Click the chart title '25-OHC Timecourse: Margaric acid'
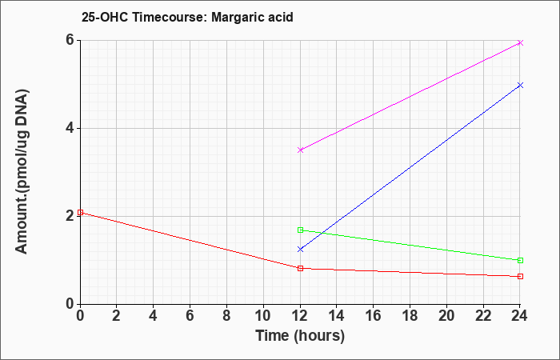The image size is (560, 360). pos(187,17)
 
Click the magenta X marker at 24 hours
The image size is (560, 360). pos(520,43)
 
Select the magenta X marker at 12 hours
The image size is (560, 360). pos(300,150)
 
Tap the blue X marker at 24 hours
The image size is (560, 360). pos(520,86)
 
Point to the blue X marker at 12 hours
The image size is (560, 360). pos(300,250)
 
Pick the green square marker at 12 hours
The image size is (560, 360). pos(300,230)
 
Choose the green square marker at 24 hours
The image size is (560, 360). pos(520,260)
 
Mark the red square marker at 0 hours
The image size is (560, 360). pos(80,213)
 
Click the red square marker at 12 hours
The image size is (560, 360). pos(300,268)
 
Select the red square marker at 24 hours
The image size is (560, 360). pos(520,277)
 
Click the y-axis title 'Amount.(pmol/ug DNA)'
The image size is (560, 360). pos(22,172)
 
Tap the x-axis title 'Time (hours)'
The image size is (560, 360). pos(300,336)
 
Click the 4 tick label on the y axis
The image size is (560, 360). pos(70,128)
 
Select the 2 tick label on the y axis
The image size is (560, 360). pos(70,216)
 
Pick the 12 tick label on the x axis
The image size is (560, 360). pos(300,316)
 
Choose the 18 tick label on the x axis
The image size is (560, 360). pos(410,316)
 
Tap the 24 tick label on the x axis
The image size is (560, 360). pos(520,316)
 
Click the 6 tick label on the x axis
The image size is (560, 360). pos(190,316)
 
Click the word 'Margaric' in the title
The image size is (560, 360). pos(237,18)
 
